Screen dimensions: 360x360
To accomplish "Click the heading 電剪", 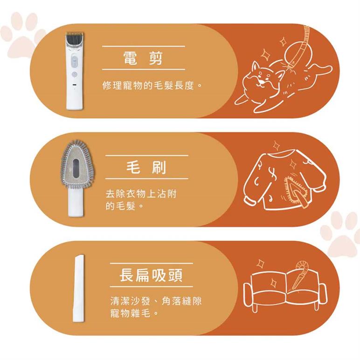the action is tap(143, 58).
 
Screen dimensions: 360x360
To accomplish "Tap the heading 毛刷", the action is tap(146, 167).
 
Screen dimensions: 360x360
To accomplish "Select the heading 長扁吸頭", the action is tap(151, 275).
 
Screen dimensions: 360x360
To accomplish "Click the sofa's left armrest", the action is tap(249, 295).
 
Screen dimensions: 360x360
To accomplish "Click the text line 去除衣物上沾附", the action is tap(141, 194).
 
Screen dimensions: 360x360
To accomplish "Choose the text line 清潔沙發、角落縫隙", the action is tap(156, 301).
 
